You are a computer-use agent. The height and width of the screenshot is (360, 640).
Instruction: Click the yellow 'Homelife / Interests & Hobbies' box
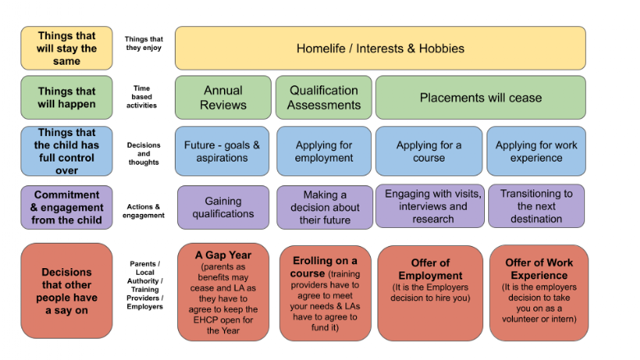click(380, 48)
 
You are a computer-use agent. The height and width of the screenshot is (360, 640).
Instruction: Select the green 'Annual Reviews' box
click(223, 98)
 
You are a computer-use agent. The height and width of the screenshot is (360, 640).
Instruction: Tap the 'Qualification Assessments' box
click(323, 98)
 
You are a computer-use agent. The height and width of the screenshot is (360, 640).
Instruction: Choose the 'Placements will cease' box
click(480, 98)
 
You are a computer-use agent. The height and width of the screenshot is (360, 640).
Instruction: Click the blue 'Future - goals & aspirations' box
click(222, 151)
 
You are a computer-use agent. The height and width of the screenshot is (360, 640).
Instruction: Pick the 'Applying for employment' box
click(324, 151)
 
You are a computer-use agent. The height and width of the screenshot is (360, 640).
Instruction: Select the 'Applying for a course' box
click(428, 151)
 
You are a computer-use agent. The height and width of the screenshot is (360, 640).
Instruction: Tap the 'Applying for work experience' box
click(537, 151)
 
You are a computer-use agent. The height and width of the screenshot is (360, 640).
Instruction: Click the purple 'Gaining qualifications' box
click(223, 207)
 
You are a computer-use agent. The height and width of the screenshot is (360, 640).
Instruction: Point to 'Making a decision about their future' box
click(325, 207)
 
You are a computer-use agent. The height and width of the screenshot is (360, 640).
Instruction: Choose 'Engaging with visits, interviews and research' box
click(430, 206)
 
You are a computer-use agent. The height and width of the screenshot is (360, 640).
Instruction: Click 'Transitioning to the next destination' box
click(537, 206)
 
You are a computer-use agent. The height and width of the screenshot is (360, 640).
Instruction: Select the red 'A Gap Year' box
click(223, 292)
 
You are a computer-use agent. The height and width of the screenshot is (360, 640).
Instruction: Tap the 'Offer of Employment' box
click(430, 293)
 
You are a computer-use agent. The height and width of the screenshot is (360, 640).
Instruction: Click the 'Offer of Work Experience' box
click(539, 293)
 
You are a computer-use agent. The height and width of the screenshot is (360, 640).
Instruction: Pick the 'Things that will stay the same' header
click(66, 48)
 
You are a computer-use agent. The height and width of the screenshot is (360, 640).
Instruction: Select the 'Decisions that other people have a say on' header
click(66, 290)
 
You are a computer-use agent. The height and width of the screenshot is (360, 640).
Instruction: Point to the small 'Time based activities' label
click(142, 97)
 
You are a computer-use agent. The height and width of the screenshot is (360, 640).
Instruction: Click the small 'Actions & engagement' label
click(144, 211)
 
